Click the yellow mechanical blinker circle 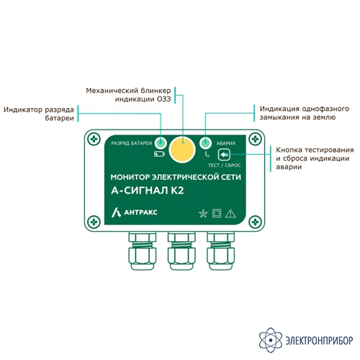click(182, 149)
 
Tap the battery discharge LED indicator click(161, 143)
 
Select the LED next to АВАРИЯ click(205, 143)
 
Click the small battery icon click(160, 154)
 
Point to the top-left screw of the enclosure click(94, 139)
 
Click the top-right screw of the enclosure click(255, 139)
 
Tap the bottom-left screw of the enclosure click(94, 222)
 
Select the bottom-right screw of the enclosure click(255, 222)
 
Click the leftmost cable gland click(143, 251)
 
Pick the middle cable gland click(181, 251)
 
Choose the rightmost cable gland click(220, 251)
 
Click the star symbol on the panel click(203, 213)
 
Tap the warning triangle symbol click(230, 213)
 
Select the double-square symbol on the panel click(217, 213)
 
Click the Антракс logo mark click(116, 212)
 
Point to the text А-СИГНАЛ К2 click(148, 191)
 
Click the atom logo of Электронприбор click(271, 340)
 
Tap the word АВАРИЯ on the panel click(226, 143)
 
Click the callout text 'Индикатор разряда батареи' click(39, 114)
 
